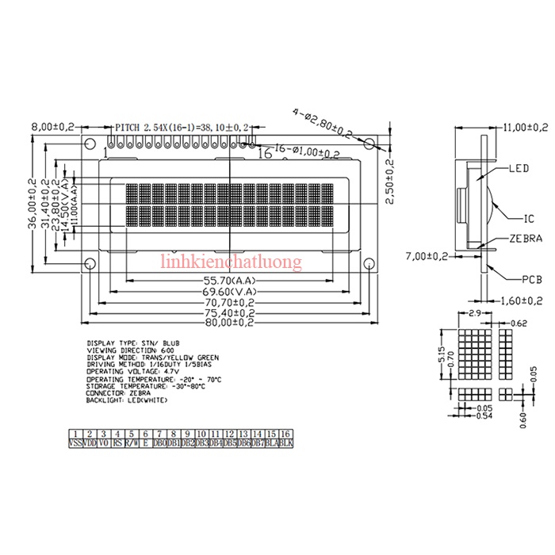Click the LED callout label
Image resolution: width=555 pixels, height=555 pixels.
(519, 169)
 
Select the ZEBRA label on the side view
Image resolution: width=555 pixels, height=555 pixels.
(526, 238)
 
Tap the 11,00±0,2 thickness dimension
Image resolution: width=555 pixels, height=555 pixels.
(525, 127)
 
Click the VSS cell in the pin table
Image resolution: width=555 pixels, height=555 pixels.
(75, 444)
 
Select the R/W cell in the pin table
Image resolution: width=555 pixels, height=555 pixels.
(132, 444)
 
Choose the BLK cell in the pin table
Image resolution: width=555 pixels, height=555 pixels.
(286, 444)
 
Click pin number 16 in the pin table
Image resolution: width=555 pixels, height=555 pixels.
(286, 434)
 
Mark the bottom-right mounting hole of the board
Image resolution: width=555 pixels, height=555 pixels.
(369, 263)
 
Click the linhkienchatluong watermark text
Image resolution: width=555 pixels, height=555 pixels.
(231, 262)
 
